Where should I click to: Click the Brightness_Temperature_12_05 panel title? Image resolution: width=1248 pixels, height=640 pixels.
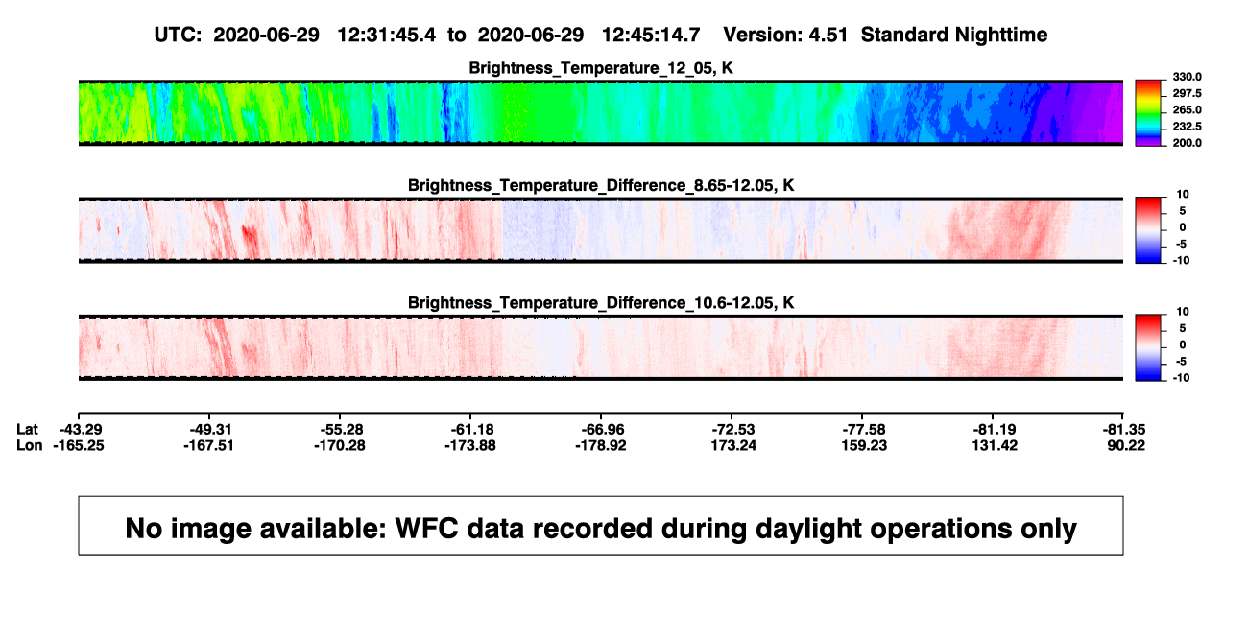tap(601, 68)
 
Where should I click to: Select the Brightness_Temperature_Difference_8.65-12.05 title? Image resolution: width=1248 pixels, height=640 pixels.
tap(601, 185)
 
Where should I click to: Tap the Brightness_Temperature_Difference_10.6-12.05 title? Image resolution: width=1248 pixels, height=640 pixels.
tap(601, 303)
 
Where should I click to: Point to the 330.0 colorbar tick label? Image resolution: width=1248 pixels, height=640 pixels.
tap(1187, 77)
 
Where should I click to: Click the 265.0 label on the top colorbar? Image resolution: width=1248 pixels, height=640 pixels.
tap(1187, 109)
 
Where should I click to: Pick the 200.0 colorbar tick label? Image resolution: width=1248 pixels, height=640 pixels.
tap(1187, 143)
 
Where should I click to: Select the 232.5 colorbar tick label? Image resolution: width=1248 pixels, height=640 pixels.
tap(1187, 127)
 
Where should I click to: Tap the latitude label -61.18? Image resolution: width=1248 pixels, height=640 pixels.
tap(472, 430)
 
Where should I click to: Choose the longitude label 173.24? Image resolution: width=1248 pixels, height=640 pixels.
tap(733, 445)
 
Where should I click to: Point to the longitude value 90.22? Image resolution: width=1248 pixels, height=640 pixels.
tap(1126, 445)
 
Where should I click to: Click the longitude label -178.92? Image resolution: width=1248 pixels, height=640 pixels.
tap(601, 445)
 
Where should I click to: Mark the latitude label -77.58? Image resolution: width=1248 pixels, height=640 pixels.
tap(864, 430)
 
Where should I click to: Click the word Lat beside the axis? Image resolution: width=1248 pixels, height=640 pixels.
tap(27, 430)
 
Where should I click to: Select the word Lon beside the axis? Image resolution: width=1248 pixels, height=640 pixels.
tap(29, 445)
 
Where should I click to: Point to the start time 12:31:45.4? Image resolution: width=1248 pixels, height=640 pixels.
tap(387, 36)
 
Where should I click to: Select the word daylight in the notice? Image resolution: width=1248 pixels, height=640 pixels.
tap(704, 529)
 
